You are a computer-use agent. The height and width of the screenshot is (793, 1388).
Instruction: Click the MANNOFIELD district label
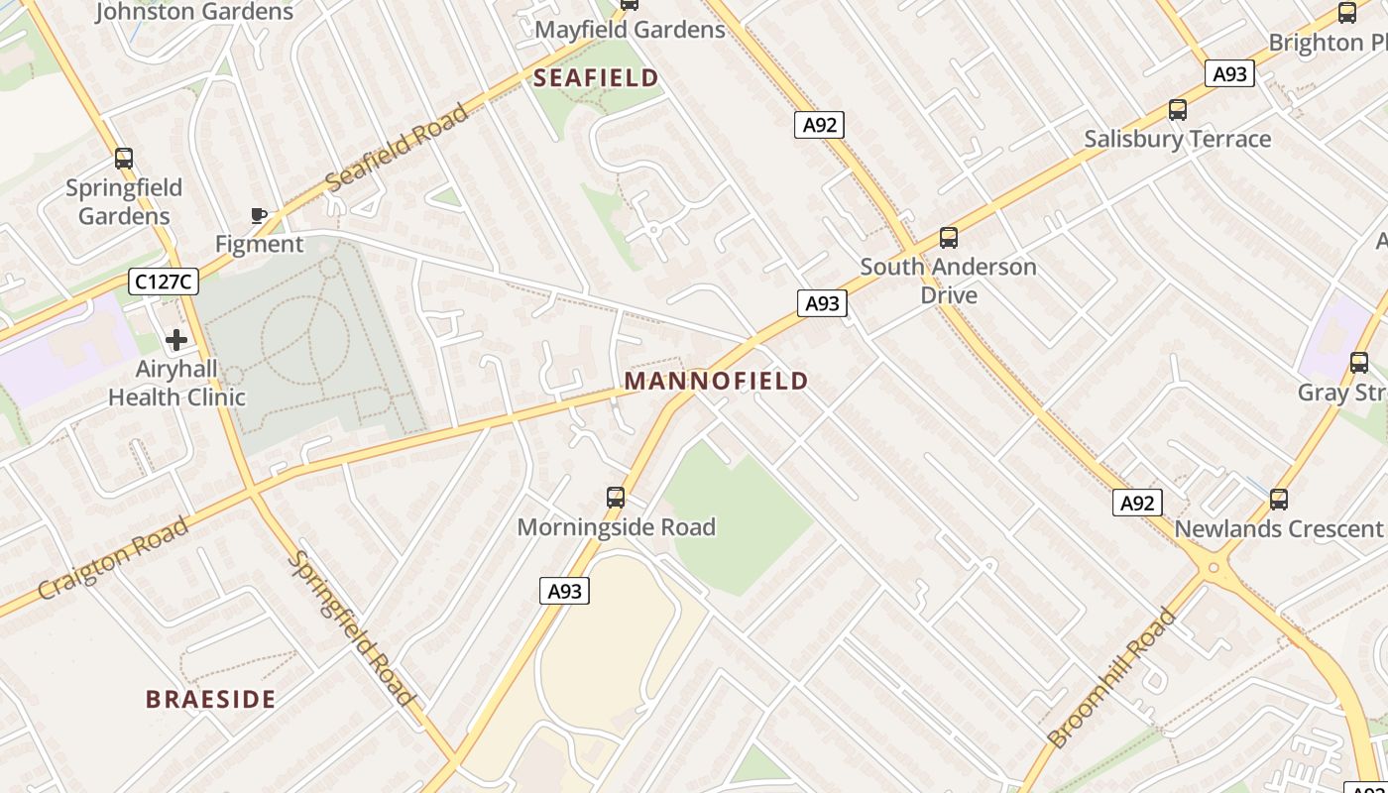pos(716,381)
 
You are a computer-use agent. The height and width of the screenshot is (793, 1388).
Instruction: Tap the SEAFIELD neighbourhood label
pos(596,77)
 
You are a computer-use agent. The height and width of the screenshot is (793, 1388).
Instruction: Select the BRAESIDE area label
pos(210,699)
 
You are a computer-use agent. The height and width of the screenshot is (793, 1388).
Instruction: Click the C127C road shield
pos(164,283)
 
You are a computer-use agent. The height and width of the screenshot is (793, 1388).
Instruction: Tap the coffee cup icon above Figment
pos(259,215)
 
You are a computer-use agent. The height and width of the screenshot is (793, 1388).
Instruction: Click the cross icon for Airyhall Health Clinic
pos(176,340)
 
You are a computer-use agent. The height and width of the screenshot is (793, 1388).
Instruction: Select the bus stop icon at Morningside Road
pos(616,498)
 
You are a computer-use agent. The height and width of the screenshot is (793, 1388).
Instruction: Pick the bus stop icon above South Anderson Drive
pos(949,238)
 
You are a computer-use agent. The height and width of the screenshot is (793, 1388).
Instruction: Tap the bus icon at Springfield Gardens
pos(124,159)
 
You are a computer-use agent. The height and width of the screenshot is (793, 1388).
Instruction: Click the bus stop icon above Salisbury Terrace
pos(1178,110)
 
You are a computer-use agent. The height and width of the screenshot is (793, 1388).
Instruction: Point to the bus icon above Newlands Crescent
pos(1279,500)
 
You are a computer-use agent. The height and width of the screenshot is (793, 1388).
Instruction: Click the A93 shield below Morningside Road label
pos(565,592)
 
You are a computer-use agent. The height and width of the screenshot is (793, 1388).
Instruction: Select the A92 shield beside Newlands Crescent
pos(1136,503)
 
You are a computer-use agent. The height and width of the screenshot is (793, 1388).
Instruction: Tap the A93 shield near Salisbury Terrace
pos(1229,73)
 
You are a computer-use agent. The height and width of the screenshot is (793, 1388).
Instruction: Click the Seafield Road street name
pos(397,147)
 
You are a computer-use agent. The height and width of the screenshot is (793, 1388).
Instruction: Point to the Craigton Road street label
pos(113,558)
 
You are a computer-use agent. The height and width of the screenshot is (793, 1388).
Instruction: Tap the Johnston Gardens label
pos(194,12)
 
